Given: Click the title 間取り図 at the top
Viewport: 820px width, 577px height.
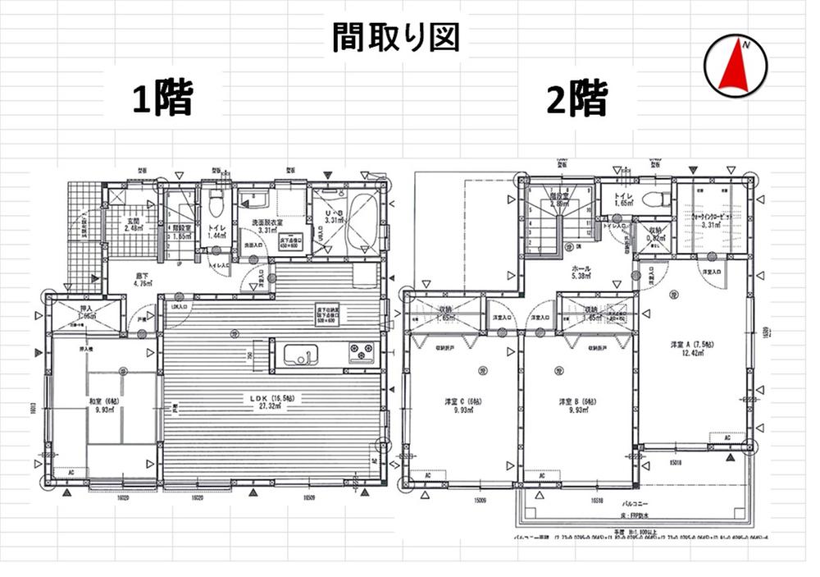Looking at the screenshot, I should pos(396,38).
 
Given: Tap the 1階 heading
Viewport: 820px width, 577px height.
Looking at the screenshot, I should pos(163,98).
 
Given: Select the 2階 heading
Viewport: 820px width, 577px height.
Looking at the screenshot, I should pos(578,98).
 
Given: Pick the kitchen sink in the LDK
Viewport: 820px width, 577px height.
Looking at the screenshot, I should pos(299,355).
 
